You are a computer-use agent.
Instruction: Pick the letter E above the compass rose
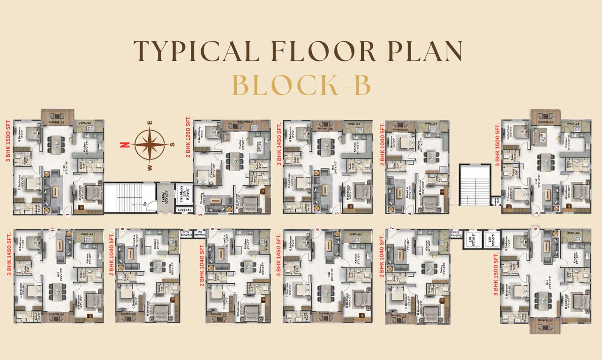[x=150, y=123]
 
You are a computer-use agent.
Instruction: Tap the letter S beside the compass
[x=172, y=145]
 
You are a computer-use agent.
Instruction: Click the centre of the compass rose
[x=150, y=144]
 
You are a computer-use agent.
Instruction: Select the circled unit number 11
[x=53, y=230]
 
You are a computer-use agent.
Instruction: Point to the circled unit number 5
[x=537, y=214]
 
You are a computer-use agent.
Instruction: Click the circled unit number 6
[x=535, y=229]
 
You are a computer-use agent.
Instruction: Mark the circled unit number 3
[x=337, y=214]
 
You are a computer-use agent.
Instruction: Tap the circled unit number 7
[x=391, y=229]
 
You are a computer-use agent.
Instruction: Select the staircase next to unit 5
[x=474, y=184]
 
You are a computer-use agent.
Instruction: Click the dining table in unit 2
[x=232, y=160]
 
